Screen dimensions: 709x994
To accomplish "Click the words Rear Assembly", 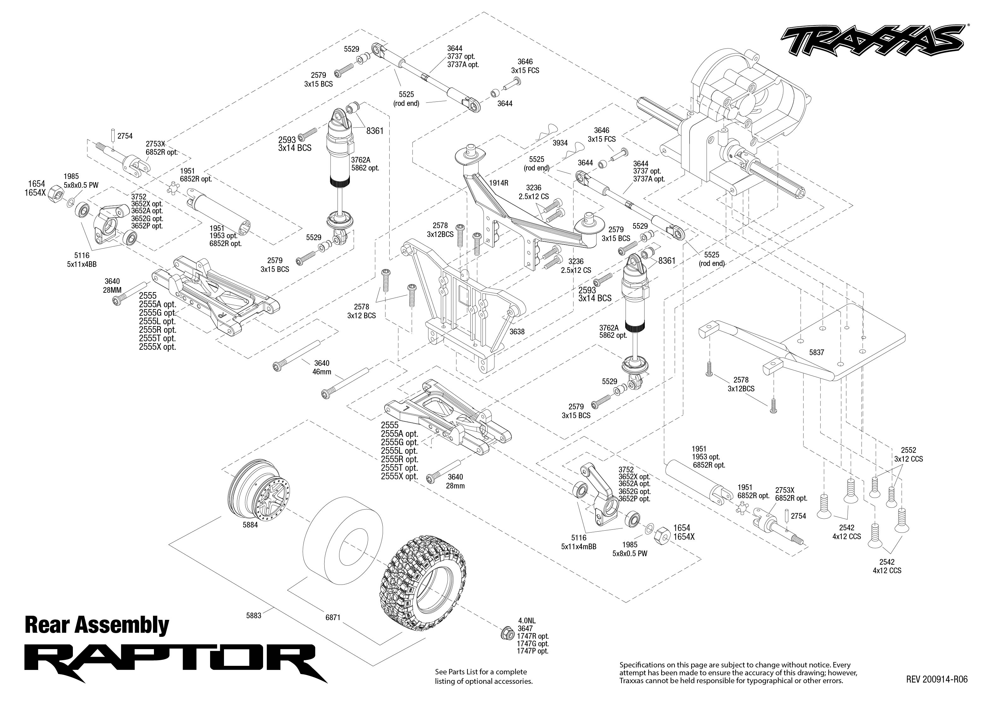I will [97, 625].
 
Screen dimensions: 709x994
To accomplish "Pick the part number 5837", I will [816, 352].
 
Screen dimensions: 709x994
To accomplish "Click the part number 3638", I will [517, 332].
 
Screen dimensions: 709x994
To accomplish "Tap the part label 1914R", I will [498, 183].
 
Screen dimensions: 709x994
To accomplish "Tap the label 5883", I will [253, 616].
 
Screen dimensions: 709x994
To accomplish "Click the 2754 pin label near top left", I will [125, 136].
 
